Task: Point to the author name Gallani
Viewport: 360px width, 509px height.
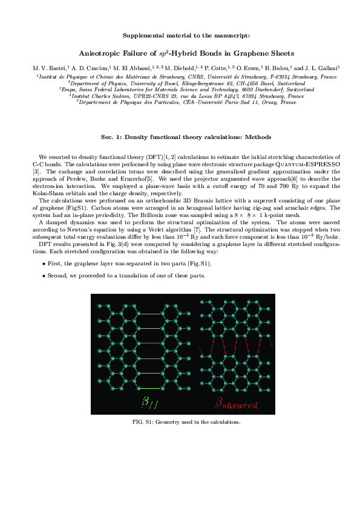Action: coord(328,68)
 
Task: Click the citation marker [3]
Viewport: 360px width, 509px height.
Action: coord(36,171)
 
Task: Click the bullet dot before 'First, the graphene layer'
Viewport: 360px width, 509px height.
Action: coord(44,264)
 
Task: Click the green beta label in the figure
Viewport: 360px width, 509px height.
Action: coord(147,403)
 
